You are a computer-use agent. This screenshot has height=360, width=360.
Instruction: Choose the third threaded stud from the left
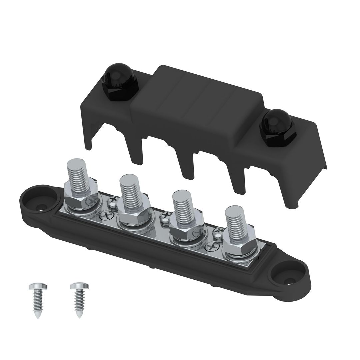181,207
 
